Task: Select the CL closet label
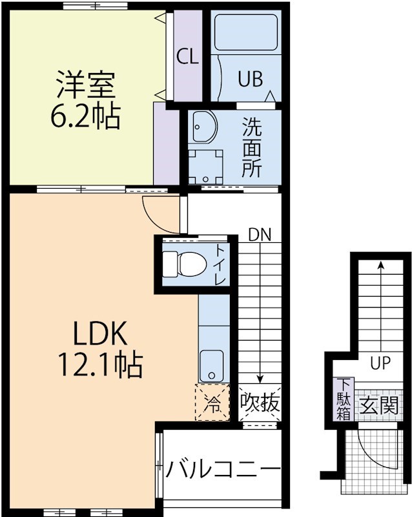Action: point(187,58)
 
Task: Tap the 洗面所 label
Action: point(252,147)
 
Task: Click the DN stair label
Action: point(260,234)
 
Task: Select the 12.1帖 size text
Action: point(101,366)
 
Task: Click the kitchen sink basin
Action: point(211,366)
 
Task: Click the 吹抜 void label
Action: point(260,403)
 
